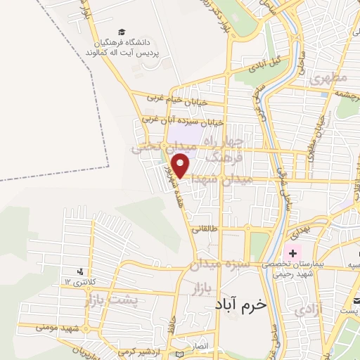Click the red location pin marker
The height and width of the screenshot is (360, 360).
click(181, 166)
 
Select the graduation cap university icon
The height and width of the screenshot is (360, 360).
click(122, 32)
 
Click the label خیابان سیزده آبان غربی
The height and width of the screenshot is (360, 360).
click(182, 121)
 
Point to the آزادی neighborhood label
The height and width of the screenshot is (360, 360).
click(308, 308)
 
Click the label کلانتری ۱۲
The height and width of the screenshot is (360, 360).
click(78, 282)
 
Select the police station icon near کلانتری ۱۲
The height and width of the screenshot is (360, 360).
click(82, 271)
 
